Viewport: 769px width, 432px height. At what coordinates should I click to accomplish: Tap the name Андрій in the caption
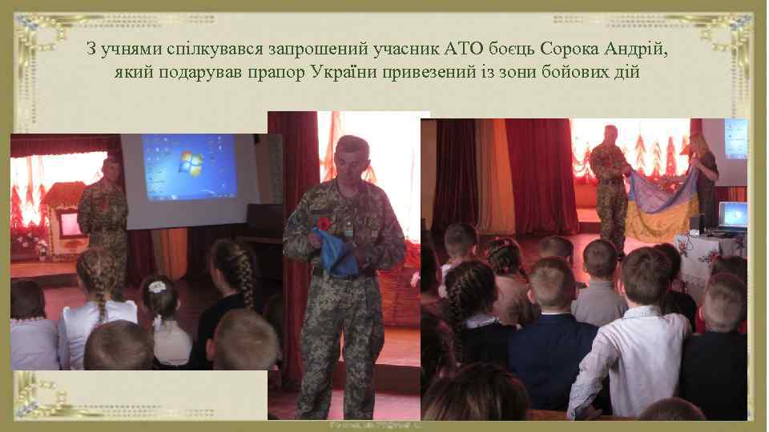pyautogui.click(x=638, y=50)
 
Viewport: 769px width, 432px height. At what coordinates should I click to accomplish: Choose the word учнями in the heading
pyautogui.click(x=137, y=50)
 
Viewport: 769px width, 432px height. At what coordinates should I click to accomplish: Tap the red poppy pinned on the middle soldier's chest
pyautogui.click(x=324, y=223)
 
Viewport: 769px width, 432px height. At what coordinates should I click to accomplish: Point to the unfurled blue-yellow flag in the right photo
pyautogui.click(x=662, y=203)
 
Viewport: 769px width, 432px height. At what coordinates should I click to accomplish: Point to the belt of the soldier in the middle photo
pyautogui.click(x=344, y=274)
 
